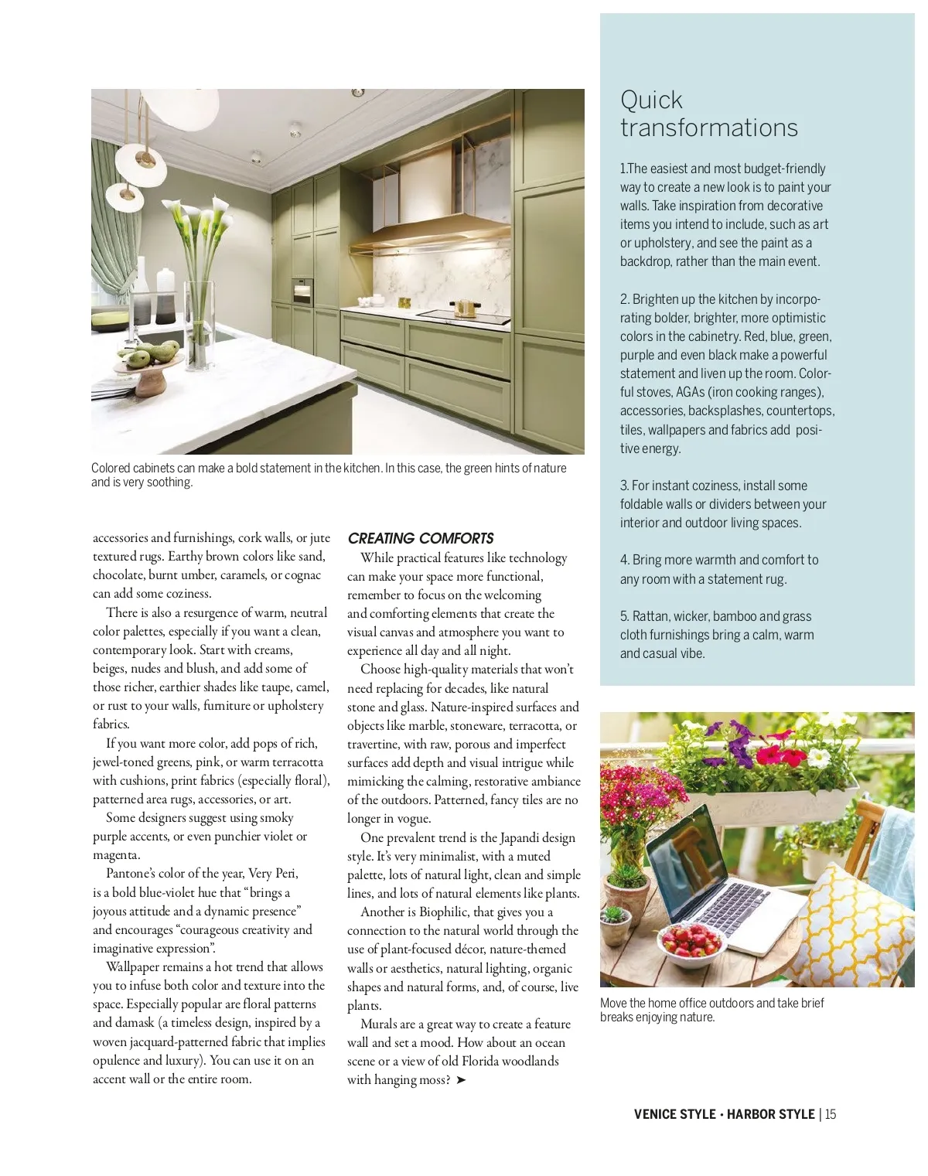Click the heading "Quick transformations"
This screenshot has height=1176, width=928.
[x=708, y=114]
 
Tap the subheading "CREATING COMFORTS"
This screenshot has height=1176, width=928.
[x=421, y=538]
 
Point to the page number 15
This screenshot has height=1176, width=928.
[x=831, y=1114]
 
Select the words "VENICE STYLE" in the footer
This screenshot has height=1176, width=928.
[x=674, y=1114]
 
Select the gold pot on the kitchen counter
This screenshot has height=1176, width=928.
[x=463, y=307]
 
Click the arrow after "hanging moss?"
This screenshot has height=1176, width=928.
[x=462, y=1080]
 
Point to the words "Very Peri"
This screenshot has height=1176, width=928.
[x=273, y=873]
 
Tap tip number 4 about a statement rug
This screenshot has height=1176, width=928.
[x=719, y=569]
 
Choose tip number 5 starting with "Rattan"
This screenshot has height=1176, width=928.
[x=717, y=635]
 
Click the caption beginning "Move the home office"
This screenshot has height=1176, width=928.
[x=711, y=1010]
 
